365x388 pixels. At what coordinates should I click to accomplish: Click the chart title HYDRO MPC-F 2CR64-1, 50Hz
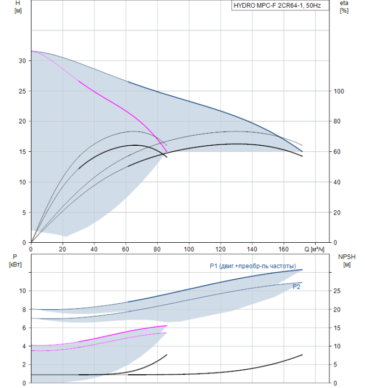(x=277, y=6)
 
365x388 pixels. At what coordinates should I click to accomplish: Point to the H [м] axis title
(x=18, y=7)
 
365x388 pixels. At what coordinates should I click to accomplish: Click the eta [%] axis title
(x=344, y=7)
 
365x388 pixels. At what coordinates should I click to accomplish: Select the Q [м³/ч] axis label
(x=314, y=249)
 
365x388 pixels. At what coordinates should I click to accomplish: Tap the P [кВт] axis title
(x=15, y=261)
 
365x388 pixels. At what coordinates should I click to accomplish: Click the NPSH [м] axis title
(x=347, y=261)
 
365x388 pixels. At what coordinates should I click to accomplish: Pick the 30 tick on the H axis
(x=22, y=61)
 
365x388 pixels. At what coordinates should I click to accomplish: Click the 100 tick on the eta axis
(x=339, y=91)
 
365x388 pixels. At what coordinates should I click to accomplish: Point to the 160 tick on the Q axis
(x=283, y=249)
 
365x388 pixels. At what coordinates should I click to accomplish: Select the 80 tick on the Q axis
(x=157, y=249)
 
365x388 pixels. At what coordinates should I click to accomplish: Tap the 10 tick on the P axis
(x=22, y=291)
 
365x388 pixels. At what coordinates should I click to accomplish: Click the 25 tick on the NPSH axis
(x=337, y=291)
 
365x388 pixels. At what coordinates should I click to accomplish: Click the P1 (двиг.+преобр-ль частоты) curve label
(x=253, y=266)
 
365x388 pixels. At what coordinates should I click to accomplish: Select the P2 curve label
(x=296, y=287)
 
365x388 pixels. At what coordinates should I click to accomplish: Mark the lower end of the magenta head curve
(x=167, y=151)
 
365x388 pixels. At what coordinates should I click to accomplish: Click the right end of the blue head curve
(x=302, y=151)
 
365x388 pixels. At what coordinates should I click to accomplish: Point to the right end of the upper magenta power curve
(x=167, y=326)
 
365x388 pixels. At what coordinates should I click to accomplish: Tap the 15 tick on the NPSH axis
(x=337, y=328)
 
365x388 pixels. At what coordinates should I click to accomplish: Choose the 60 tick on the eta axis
(x=337, y=152)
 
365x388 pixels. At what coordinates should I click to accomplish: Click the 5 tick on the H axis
(x=24, y=212)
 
